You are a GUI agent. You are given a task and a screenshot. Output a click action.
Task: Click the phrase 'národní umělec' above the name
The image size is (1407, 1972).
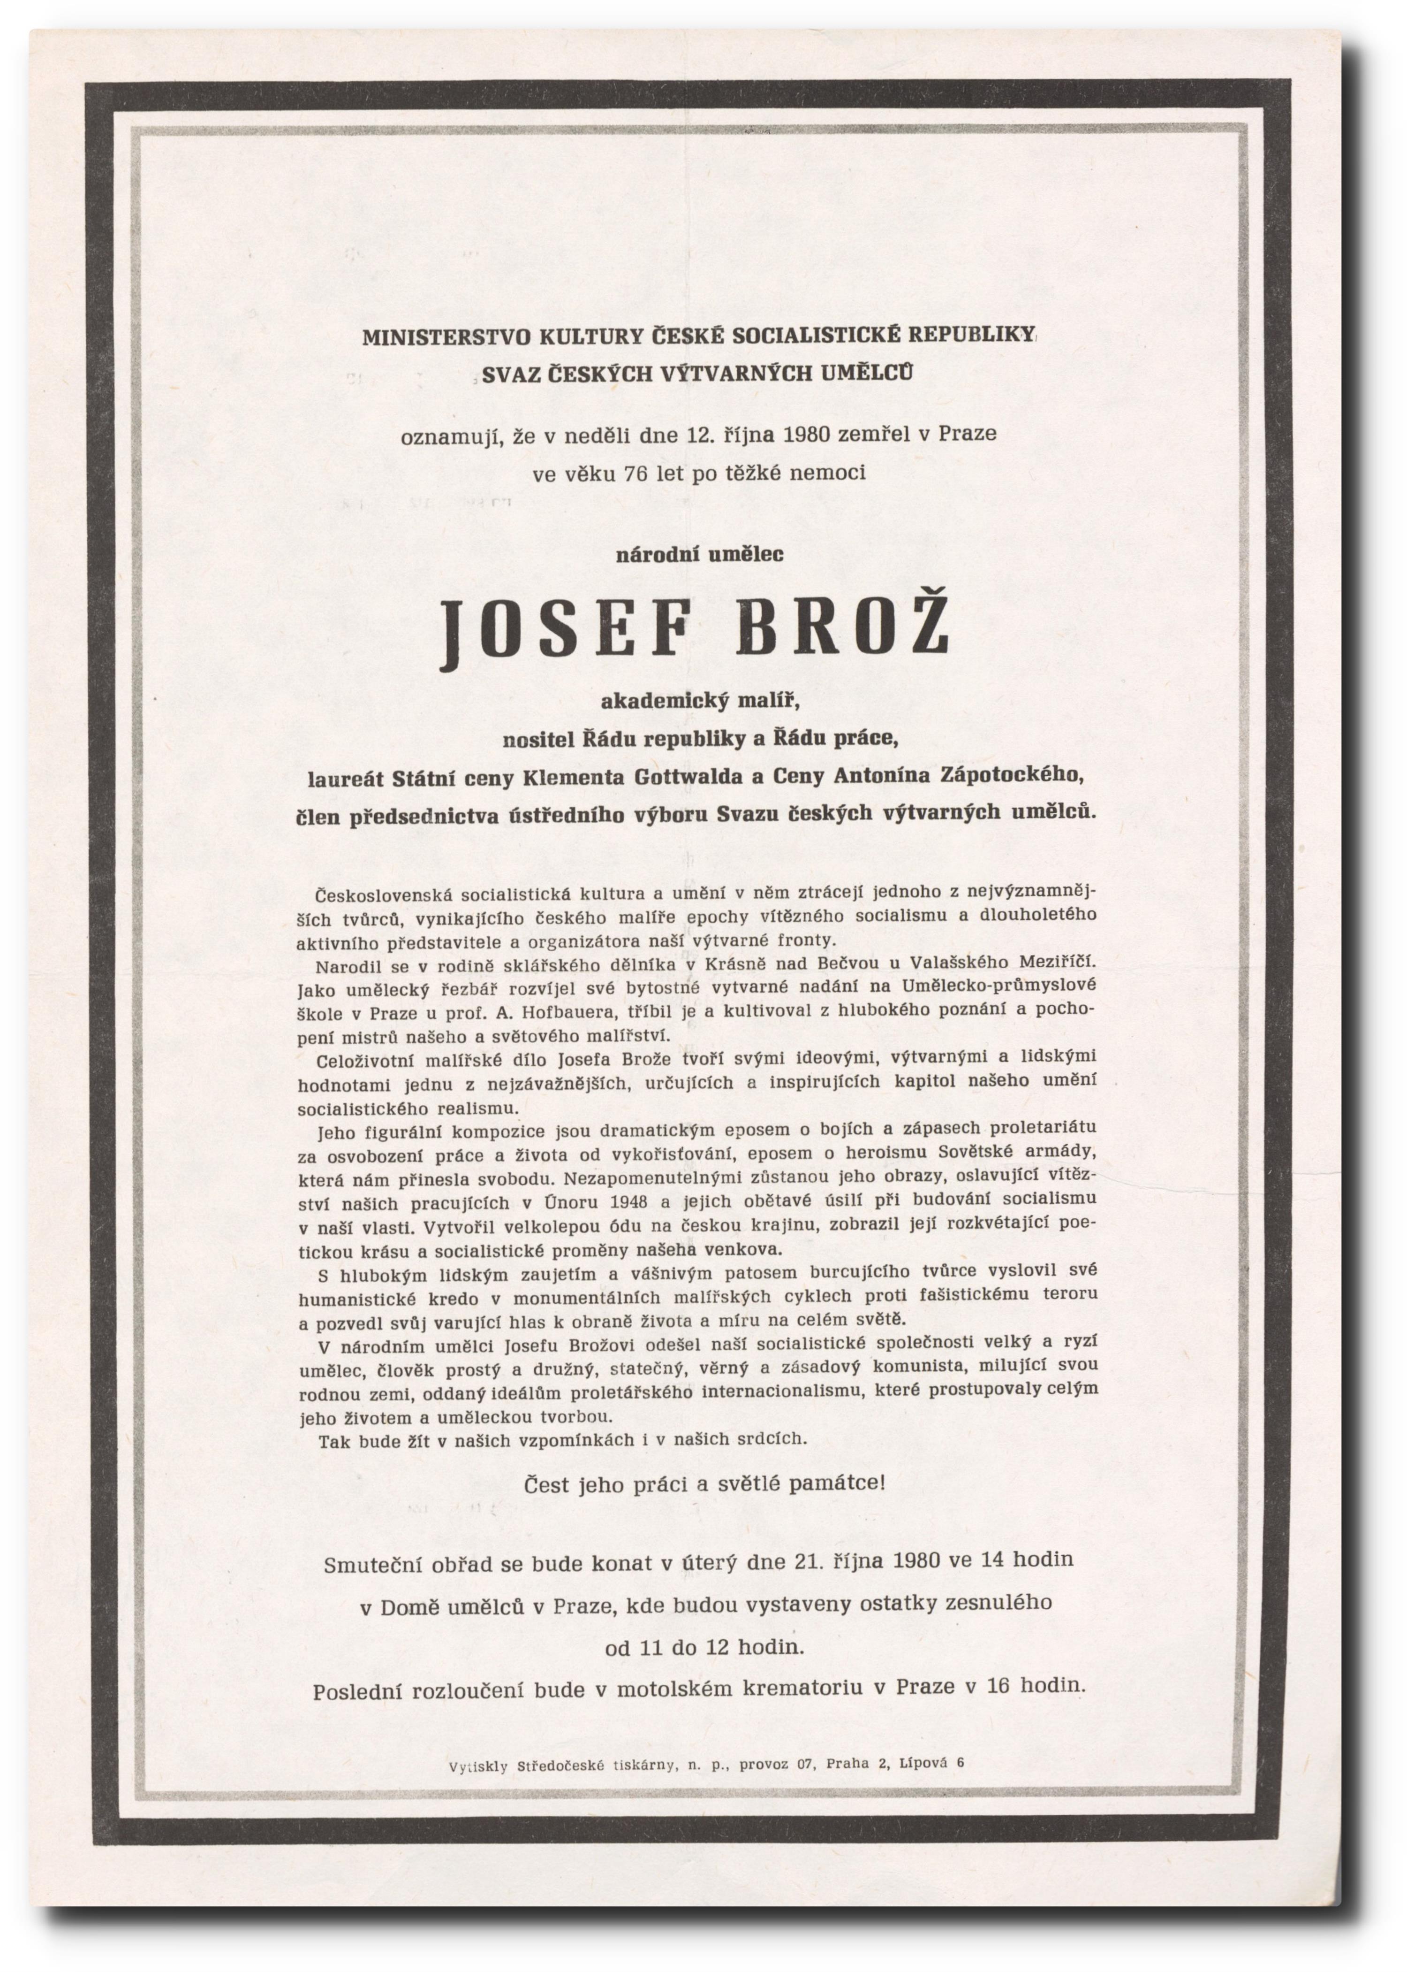coord(699,554)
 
